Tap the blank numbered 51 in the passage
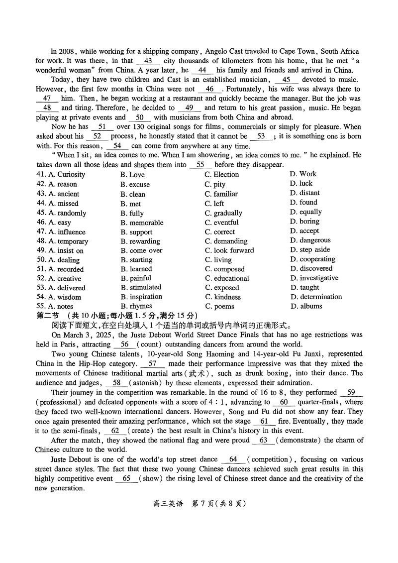pyautogui.click(x=102, y=127)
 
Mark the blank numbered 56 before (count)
pyautogui.click(x=124, y=344)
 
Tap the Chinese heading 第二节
pyautogui.click(x=48, y=316)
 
